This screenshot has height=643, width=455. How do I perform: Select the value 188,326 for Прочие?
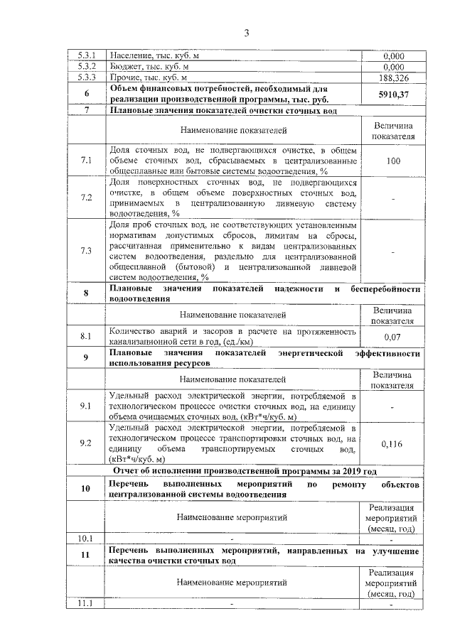click(x=393, y=77)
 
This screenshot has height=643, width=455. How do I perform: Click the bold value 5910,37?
click(x=393, y=94)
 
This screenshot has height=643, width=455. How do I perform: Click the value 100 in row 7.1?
click(x=393, y=161)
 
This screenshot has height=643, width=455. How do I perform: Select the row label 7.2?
click(x=87, y=197)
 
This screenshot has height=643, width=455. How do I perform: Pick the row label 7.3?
click(x=87, y=251)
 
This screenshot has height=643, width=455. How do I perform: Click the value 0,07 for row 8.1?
click(x=393, y=337)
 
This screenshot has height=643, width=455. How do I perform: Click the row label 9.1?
click(x=87, y=405)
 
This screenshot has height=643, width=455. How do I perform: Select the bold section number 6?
click(x=87, y=94)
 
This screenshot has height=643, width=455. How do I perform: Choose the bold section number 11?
click(x=87, y=556)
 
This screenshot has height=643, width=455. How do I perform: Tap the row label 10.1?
click(x=87, y=537)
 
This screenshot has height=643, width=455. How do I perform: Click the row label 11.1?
click(x=87, y=604)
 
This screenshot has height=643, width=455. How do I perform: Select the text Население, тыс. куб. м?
click(x=156, y=55)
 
